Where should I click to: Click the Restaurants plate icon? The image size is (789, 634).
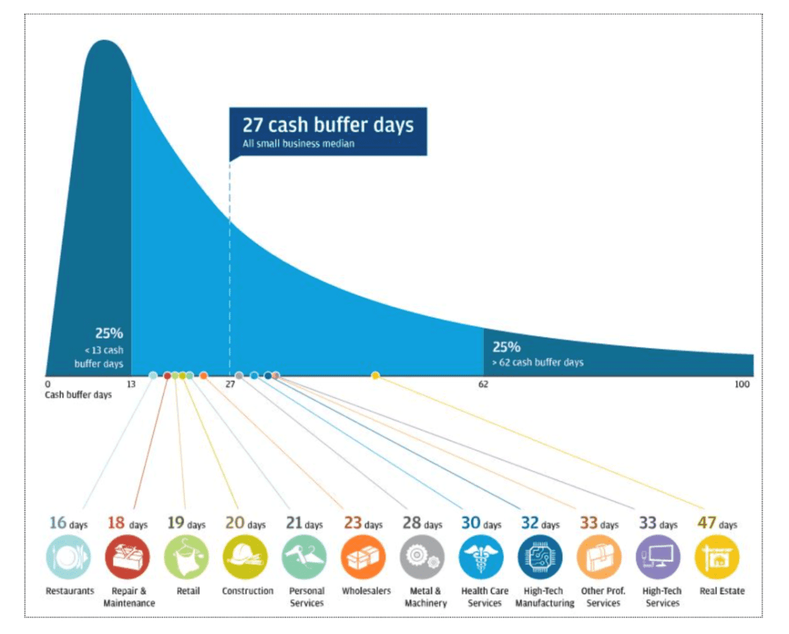click(x=69, y=557)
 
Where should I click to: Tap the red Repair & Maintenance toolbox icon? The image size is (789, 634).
click(x=128, y=557)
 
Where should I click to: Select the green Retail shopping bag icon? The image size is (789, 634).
click(x=186, y=557)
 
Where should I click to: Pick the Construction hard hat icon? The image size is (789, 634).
click(x=246, y=557)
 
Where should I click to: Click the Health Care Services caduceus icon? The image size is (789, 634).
click(x=482, y=557)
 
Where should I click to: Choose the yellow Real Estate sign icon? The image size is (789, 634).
click(x=717, y=557)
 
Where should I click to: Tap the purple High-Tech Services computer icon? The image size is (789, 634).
click(x=659, y=557)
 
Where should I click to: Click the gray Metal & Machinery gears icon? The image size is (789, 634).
click(x=423, y=557)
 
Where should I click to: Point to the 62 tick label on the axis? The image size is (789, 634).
click(x=483, y=384)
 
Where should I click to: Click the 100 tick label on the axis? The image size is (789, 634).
click(x=742, y=384)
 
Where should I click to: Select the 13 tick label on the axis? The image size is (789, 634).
click(x=131, y=384)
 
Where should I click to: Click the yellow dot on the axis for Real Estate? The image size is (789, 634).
click(x=375, y=375)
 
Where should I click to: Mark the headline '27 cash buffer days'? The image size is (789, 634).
click(x=328, y=124)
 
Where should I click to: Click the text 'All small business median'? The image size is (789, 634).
click(x=298, y=143)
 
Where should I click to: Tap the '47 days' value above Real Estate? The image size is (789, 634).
click(x=717, y=523)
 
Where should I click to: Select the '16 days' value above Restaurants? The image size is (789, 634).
click(x=69, y=523)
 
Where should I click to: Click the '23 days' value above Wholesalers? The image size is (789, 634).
click(x=364, y=523)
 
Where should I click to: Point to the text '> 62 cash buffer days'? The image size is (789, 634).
click(x=537, y=362)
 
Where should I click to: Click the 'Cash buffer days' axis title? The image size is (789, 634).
click(x=78, y=395)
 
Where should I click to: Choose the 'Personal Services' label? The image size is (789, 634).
click(x=307, y=597)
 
